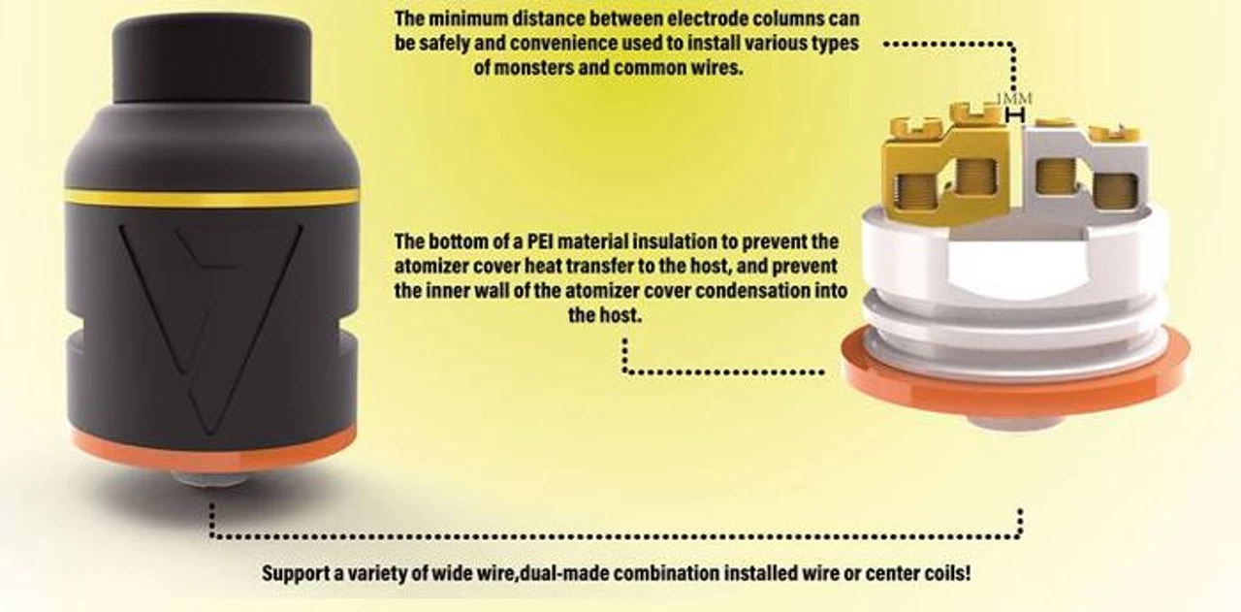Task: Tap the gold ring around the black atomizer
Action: [211, 198]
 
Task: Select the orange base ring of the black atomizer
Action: [211, 449]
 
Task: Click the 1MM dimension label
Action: [1015, 99]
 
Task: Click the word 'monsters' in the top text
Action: [536, 70]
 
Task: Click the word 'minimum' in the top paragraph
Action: [480, 18]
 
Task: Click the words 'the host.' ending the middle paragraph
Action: [605, 316]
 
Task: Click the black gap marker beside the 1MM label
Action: [1015, 116]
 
